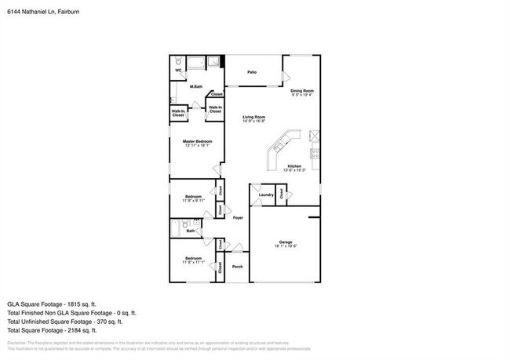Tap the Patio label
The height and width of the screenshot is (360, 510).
pyautogui.click(x=252, y=72)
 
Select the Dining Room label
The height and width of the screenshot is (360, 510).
pyautogui.click(x=302, y=90)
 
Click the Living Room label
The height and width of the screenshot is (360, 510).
pyautogui.click(x=253, y=117)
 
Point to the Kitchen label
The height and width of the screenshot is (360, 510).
pyautogui.click(x=294, y=166)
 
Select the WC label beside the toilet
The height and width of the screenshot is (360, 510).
pyautogui.click(x=178, y=69)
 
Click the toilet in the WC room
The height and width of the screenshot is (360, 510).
pyautogui.click(x=179, y=60)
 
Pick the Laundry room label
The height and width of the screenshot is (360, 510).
pyautogui.click(x=265, y=195)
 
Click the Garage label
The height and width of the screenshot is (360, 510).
pyautogui.click(x=285, y=242)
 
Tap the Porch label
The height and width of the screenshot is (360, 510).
pyautogui.click(x=237, y=267)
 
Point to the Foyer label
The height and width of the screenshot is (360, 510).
pyautogui.click(x=237, y=218)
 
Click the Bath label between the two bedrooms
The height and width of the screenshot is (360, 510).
pyautogui.click(x=191, y=231)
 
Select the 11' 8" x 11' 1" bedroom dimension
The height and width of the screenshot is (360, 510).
pyautogui.click(x=194, y=262)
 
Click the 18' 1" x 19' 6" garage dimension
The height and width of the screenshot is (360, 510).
pyautogui.click(x=285, y=246)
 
